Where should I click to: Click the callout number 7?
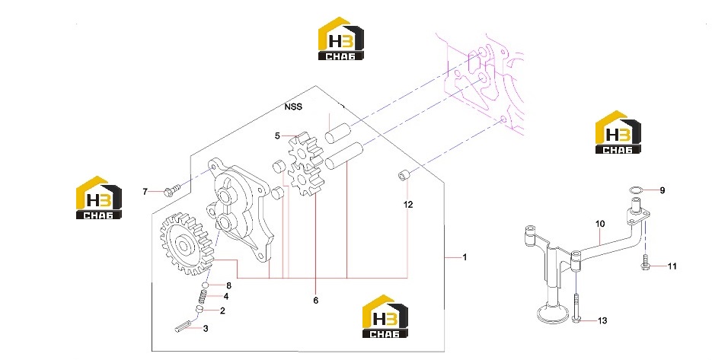[145, 192]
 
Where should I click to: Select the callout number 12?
[408, 205]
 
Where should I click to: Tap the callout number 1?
[465, 257]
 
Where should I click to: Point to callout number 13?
[602, 321]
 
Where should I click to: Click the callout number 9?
[662, 191]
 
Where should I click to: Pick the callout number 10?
[600, 224]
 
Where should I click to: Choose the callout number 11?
[672, 266]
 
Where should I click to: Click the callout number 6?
[315, 301]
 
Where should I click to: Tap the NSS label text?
[293, 107]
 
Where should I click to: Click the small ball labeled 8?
[206, 285]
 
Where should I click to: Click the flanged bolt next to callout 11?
[645, 263]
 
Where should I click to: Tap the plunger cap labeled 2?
[199, 310]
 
